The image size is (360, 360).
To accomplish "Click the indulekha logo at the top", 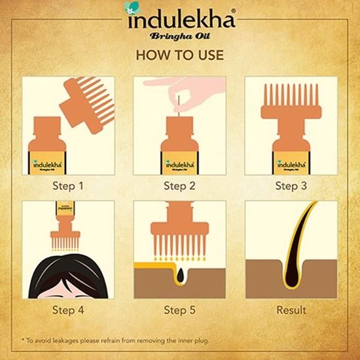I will click(x=179, y=18).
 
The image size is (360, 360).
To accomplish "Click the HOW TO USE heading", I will click(x=179, y=56).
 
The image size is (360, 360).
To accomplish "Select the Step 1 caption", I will click(x=68, y=185).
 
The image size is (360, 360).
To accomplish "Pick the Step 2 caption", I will click(x=179, y=185).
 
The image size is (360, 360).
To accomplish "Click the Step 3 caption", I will click(x=291, y=185).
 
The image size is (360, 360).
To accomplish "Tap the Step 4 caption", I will click(x=68, y=310).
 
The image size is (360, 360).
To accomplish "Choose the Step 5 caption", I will click(x=179, y=310).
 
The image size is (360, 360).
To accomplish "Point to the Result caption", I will click(x=291, y=310).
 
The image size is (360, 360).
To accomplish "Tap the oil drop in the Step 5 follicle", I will click(x=181, y=275).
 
